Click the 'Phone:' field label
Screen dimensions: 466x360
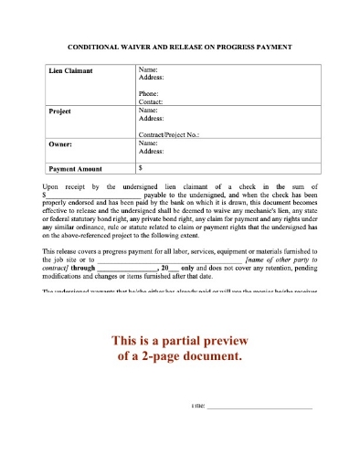pyautogui.click(x=148, y=92)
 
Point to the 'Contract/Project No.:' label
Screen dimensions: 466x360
pyautogui.click(x=169, y=134)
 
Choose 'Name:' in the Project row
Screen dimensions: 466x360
pyautogui.click(x=147, y=110)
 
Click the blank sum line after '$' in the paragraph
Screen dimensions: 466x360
pyautogui.click(x=91, y=195)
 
